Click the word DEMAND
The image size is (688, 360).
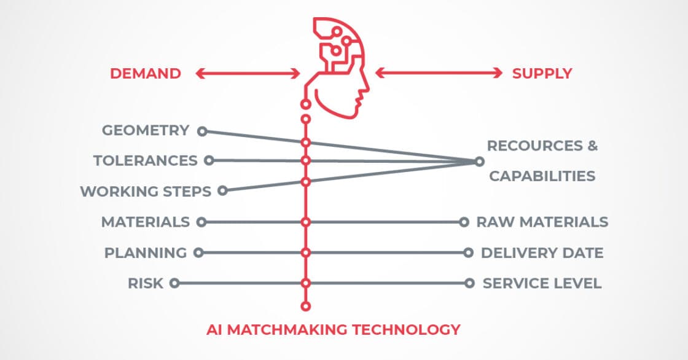146,74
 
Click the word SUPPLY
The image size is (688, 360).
542,74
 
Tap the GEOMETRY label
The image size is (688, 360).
146,130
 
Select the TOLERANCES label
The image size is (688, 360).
146,161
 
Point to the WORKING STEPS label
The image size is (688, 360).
146,191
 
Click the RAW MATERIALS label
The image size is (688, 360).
542,222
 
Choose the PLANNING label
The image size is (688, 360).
146,252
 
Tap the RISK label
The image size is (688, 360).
146,283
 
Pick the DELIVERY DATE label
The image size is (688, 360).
542,252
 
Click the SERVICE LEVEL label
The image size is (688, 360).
542,283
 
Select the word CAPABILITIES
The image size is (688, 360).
542,176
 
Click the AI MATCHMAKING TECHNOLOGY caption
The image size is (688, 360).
333,329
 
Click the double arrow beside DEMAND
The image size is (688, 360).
248,74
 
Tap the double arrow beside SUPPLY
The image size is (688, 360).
439,73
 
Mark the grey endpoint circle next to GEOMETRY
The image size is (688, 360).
201,131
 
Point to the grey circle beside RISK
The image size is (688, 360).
174,283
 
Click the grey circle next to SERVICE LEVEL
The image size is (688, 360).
469,283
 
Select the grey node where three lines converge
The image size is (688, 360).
479,162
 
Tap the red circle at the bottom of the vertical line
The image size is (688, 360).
305,305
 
